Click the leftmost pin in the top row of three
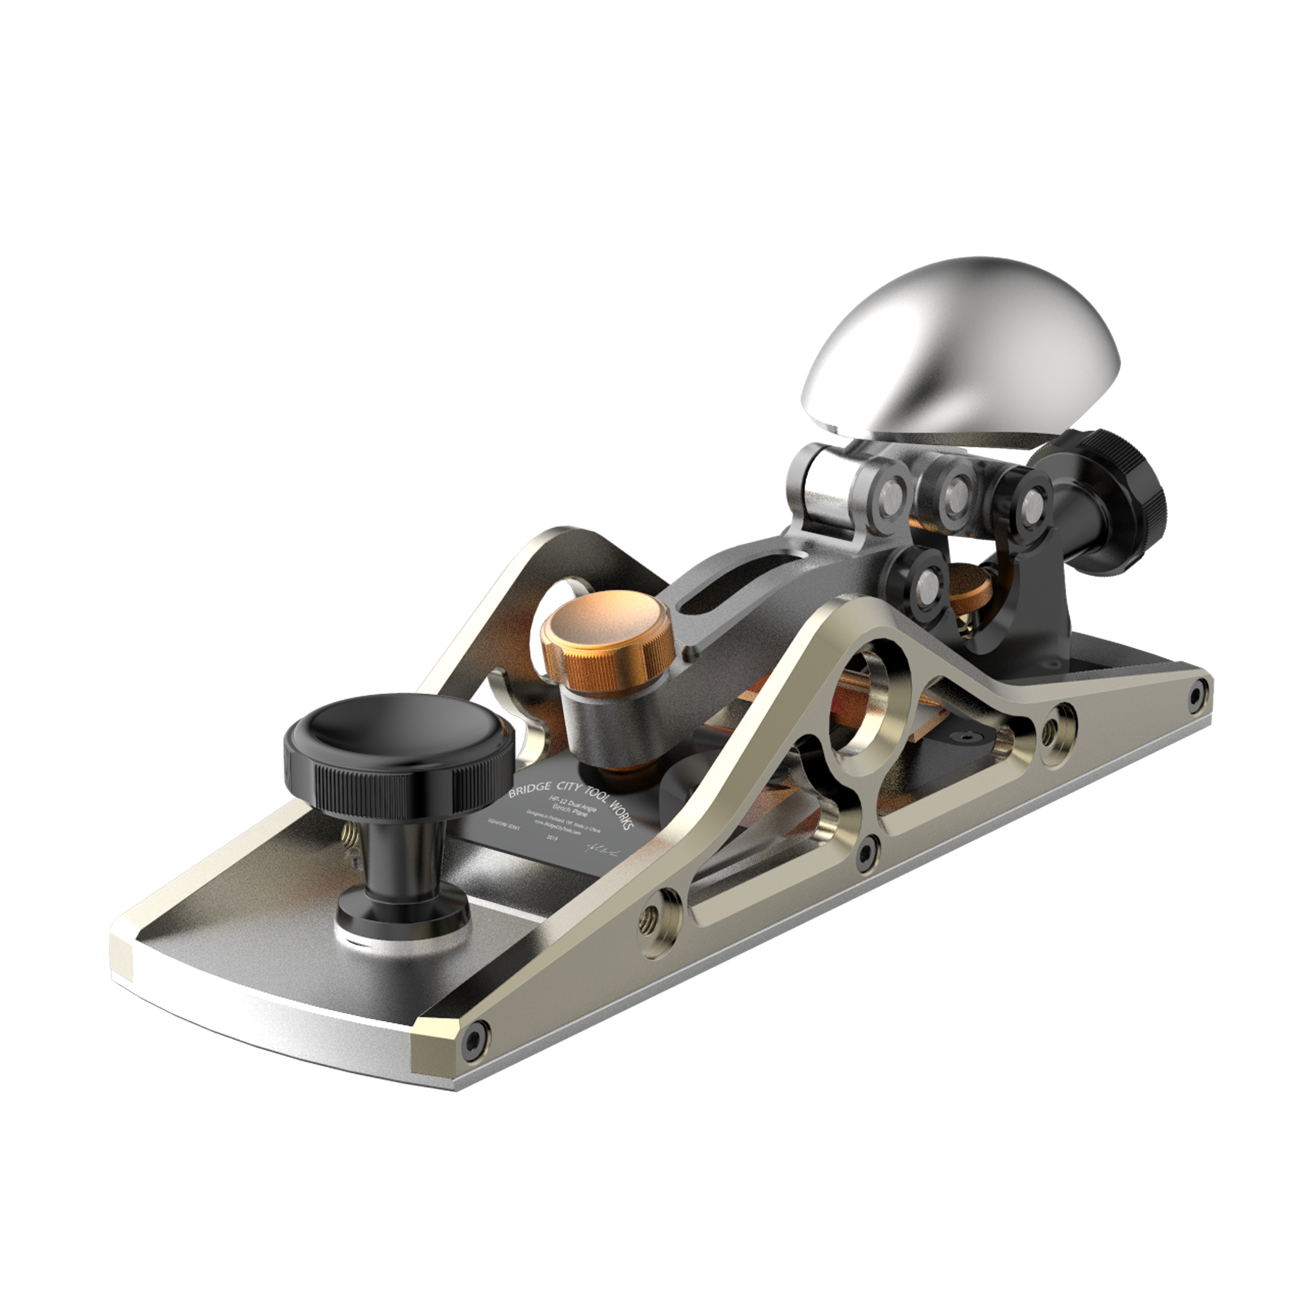(x=889, y=497)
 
